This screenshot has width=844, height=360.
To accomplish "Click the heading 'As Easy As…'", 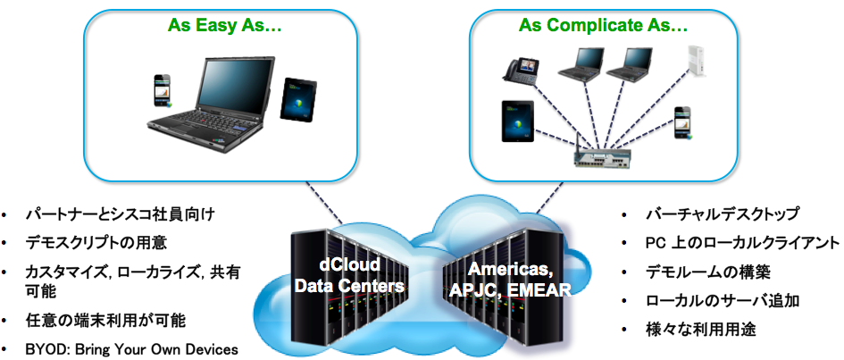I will pyautogui.click(x=225, y=27).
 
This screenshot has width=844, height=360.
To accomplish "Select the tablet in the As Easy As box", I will pyautogui.click(x=296, y=99).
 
